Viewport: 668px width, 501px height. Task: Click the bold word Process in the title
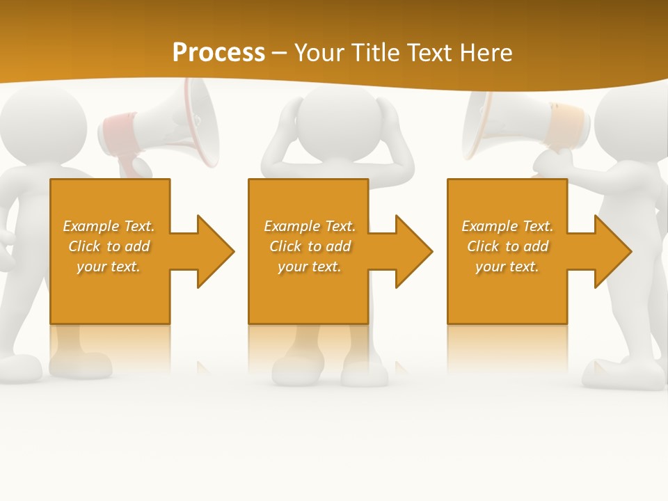pyautogui.click(x=218, y=53)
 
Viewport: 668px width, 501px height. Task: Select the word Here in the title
pyautogui.click(x=486, y=53)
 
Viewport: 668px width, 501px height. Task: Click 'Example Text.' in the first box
pyautogui.click(x=109, y=226)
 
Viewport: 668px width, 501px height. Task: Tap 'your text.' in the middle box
pyautogui.click(x=310, y=267)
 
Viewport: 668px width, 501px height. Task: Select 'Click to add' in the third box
pyautogui.click(x=508, y=246)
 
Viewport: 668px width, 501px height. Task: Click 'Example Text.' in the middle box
pyautogui.click(x=310, y=226)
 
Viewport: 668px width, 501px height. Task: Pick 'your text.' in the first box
pyautogui.click(x=109, y=267)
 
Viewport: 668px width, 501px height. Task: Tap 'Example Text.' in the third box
pyautogui.click(x=508, y=226)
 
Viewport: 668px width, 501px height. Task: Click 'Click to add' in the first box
pyautogui.click(x=109, y=246)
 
